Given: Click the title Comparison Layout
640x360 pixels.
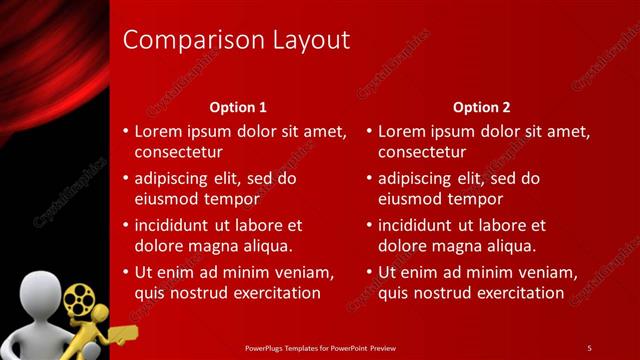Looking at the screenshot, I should click(236, 40).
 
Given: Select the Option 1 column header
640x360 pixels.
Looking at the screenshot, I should click(238, 107).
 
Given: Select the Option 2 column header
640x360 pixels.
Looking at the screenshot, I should click(482, 107).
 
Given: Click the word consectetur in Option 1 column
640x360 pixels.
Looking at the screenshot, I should click(178, 152).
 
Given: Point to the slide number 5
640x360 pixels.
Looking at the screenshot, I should click(589, 348).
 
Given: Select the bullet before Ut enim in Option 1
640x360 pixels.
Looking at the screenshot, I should click(125, 272).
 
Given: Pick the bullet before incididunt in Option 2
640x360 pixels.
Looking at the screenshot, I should click(369, 226).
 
